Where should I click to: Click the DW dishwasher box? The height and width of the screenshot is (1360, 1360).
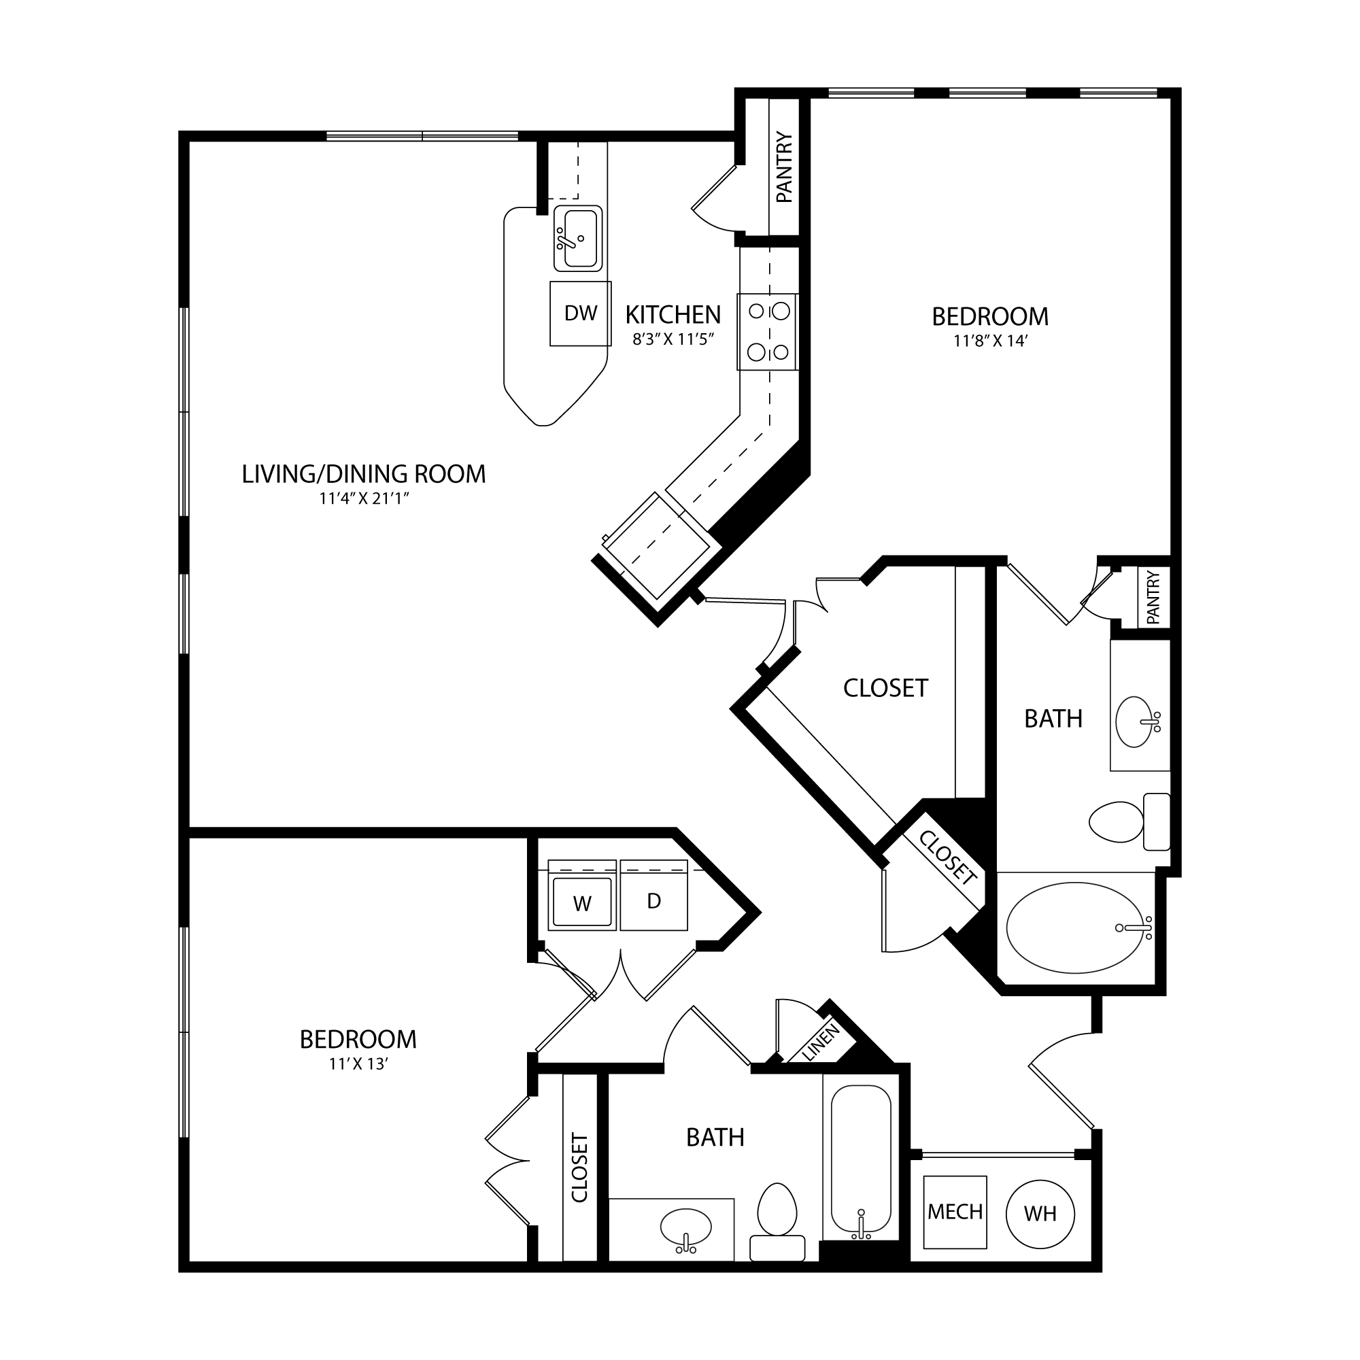tap(581, 313)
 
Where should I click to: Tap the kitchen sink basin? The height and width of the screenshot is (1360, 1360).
tap(578, 238)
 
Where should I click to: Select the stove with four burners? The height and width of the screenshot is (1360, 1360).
tap(768, 332)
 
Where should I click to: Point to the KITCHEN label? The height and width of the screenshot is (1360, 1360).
tap(673, 314)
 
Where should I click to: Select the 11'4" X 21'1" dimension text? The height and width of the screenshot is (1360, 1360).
tap(364, 499)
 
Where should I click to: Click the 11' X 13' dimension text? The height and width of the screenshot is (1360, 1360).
tap(358, 1064)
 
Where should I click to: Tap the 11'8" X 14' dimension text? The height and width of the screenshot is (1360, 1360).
tap(989, 341)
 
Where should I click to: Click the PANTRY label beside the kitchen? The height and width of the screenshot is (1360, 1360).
tap(784, 167)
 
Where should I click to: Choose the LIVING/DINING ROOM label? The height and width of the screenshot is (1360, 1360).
tap(364, 474)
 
